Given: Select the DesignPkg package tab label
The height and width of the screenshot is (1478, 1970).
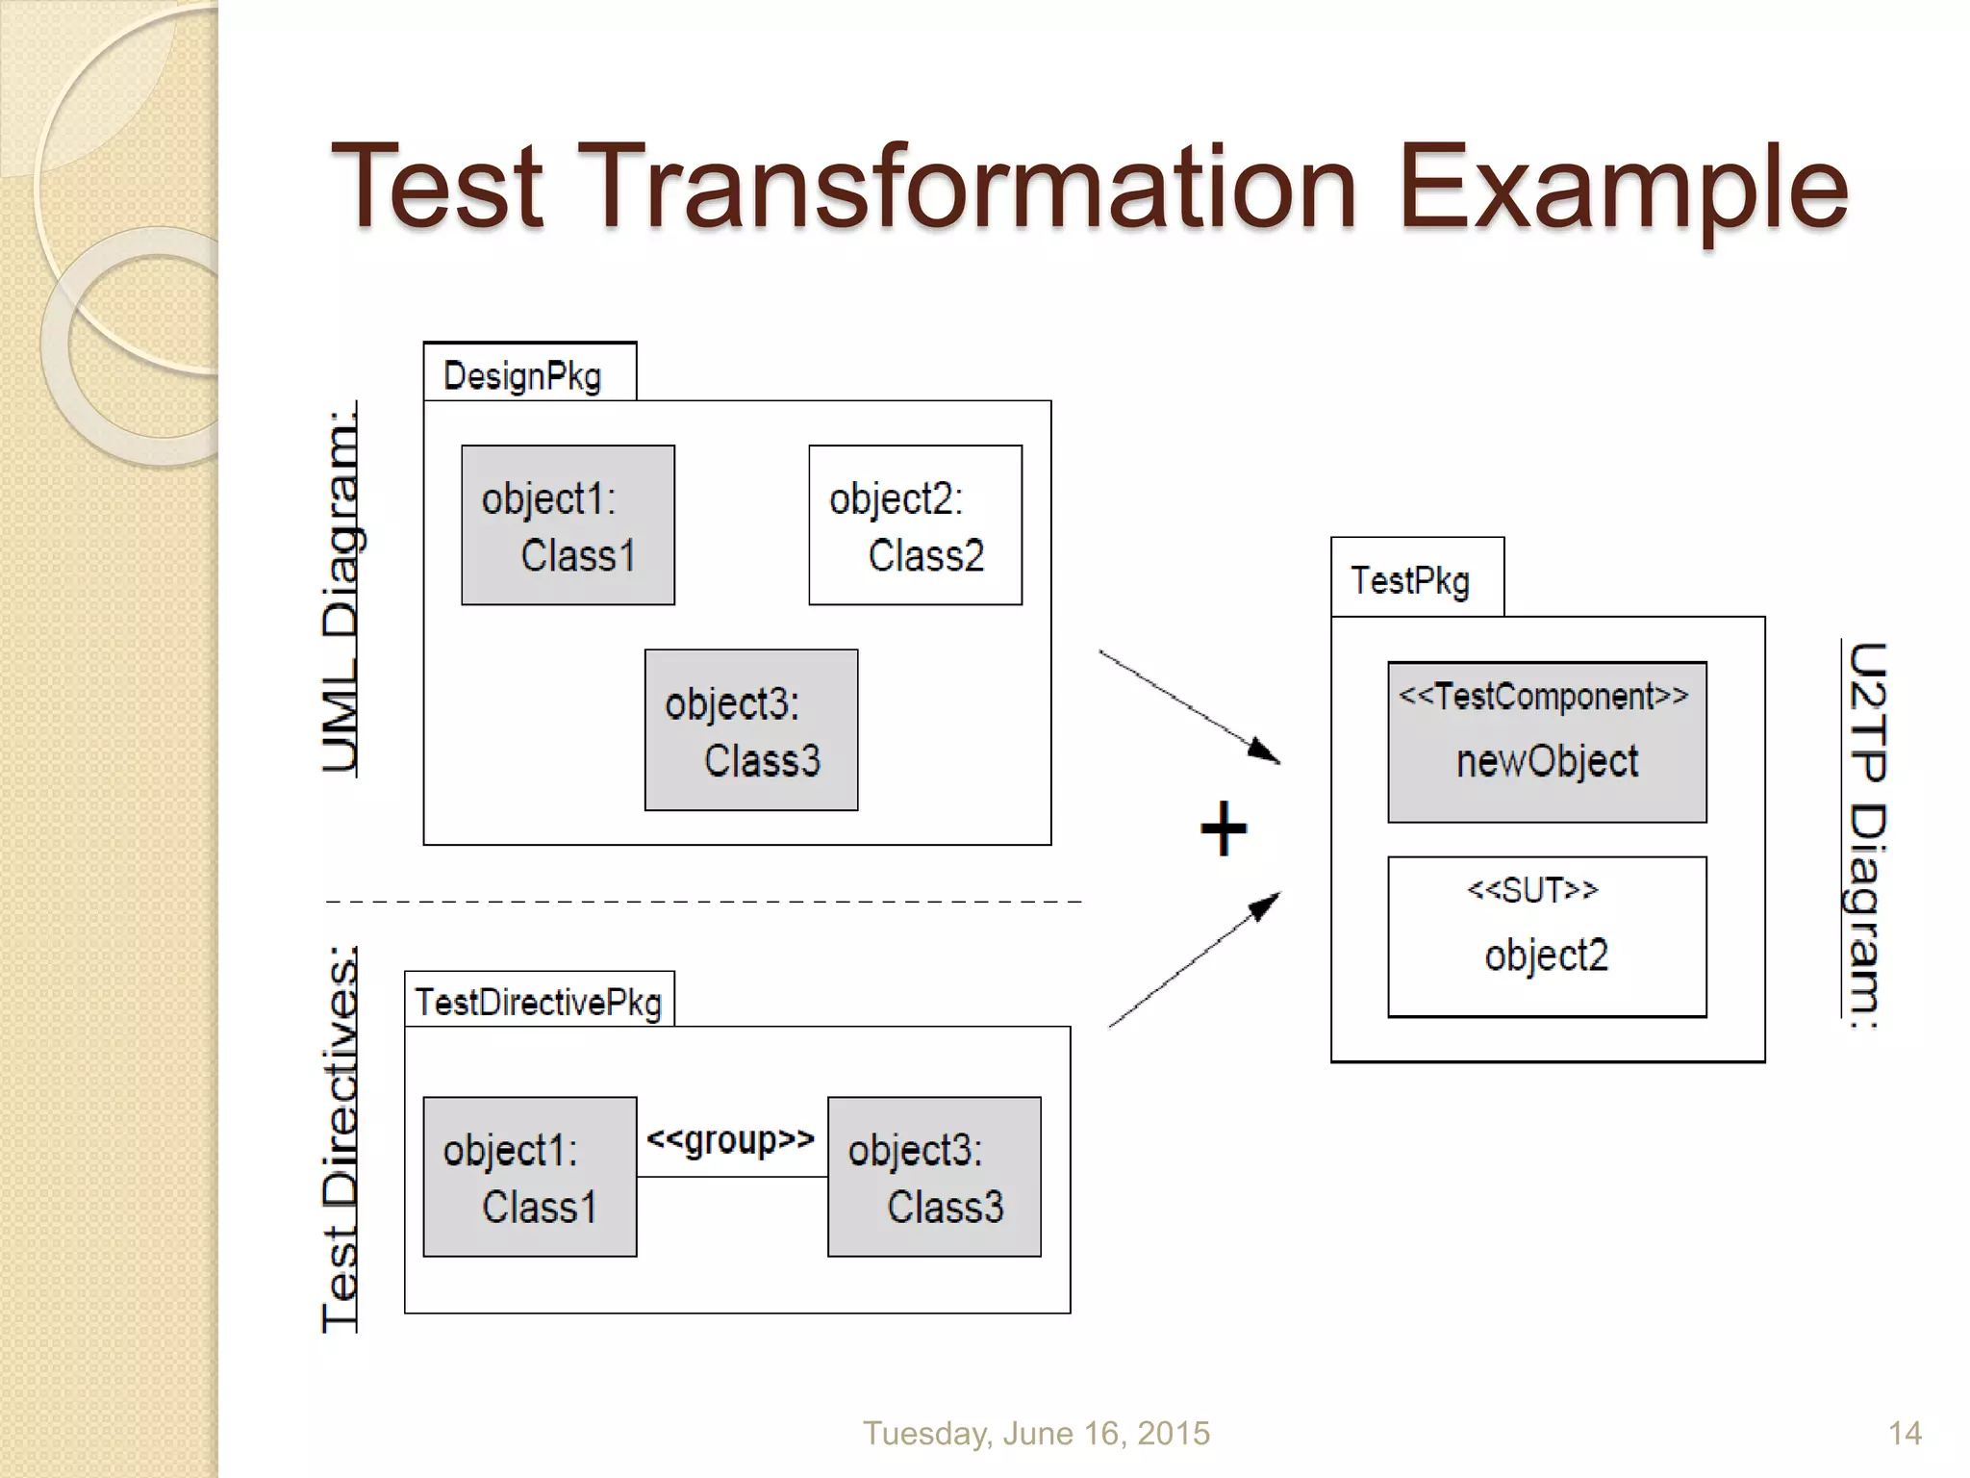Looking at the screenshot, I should click(x=522, y=376).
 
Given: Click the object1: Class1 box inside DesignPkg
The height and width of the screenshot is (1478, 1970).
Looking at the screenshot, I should click(x=568, y=525).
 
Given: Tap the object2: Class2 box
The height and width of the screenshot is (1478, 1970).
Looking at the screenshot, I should click(x=915, y=525).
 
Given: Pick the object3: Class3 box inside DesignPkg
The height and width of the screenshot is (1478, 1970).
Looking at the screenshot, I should click(x=751, y=730).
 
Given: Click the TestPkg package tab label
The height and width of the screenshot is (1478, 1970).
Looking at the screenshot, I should click(x=1410, y=581).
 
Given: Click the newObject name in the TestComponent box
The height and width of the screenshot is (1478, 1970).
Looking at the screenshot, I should click(x=1547, y=761).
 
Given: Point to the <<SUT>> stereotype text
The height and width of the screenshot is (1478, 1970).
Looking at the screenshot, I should click(x=1532, y=890).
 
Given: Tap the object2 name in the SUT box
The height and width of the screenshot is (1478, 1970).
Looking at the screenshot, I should click(x=1546, y=956).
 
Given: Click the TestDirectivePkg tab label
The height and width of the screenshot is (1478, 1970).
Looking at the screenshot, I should click(x=539, y=1003).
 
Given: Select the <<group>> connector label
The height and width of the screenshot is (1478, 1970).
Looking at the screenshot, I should click(x=730, y=1139).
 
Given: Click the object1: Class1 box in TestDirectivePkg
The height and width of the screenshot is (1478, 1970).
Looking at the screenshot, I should click(x=530, y=1177).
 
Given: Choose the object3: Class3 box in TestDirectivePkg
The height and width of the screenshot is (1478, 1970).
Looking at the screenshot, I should click(x=934, y=1177).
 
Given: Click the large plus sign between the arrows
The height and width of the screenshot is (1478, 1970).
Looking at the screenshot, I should click(x=1224, y=828).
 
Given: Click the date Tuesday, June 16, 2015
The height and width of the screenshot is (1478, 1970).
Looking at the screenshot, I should click(x=1036, y=1433).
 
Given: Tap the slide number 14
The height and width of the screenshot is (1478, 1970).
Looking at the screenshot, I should click(x=1905, y=1433).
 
